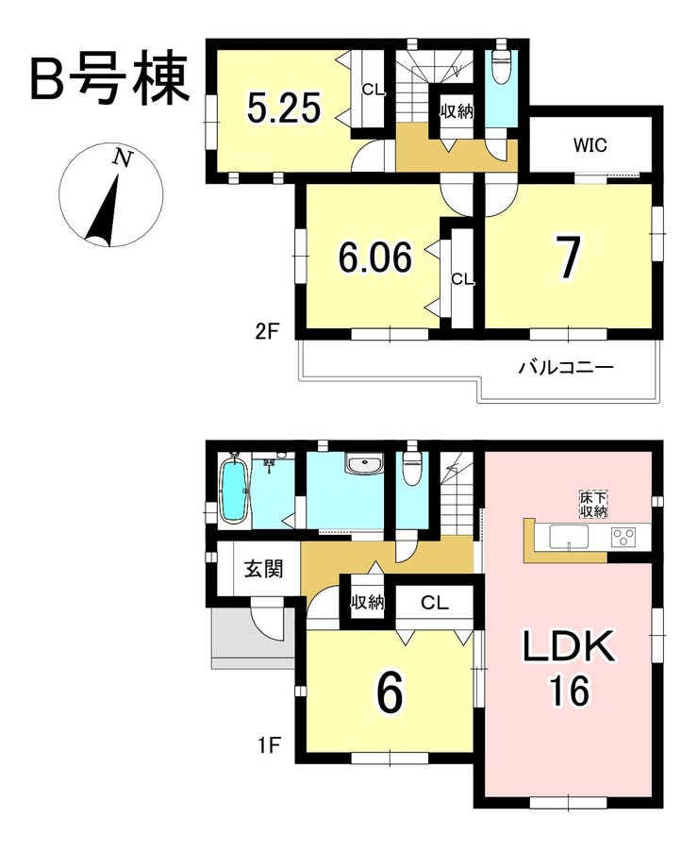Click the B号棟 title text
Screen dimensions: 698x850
(x=109, y=78)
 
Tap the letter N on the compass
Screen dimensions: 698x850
(x=123, y=158)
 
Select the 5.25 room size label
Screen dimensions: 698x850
(x=284, y=108)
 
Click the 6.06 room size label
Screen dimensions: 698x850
(x=375, y=257)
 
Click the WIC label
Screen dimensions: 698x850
(x=590, y=145)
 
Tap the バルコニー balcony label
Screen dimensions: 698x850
(x=566, y=368)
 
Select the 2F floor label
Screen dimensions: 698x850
(x=267, y=331)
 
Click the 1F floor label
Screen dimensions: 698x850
(x=268, y=746)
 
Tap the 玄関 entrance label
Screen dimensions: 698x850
(x=263, y=569)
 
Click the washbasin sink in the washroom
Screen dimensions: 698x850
(x=365, y=465)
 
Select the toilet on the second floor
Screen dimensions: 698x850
(x=501, y=64)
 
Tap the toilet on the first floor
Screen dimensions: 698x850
(x=412, y=462)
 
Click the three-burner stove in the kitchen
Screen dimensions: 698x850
(x=623, y=537)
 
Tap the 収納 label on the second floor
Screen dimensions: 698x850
(x=457, y=111)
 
